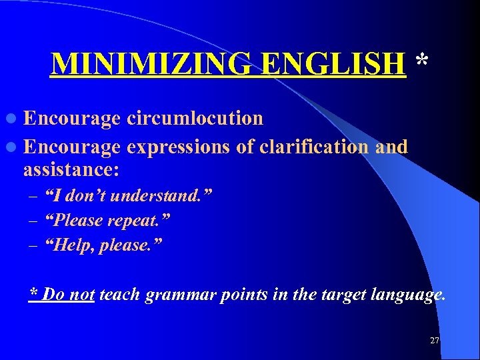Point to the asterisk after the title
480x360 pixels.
(x=421, y=61)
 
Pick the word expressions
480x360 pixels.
(x=181, y=147)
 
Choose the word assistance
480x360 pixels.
(x=71, y=170)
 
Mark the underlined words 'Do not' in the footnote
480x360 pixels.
(x=68, y=295)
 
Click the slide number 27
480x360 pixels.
(x=435, y=341)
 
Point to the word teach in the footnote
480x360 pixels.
(x=119, y=295)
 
